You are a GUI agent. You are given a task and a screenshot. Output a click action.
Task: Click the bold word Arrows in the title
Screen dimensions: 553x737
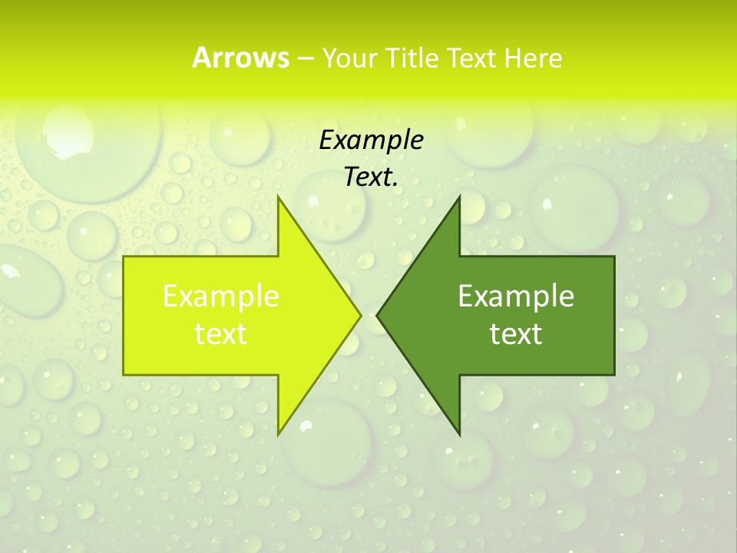[240, 58]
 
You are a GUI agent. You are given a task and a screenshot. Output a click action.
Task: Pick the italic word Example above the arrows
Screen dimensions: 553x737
[371, 140]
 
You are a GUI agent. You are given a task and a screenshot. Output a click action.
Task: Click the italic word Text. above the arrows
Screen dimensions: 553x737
[371, 177]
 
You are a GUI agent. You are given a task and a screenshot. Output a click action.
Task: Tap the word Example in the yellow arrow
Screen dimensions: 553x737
[221, 296]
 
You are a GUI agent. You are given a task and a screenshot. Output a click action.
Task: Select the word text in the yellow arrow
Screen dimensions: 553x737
[221, 333]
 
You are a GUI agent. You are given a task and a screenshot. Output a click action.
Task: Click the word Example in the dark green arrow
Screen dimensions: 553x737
[516, 296]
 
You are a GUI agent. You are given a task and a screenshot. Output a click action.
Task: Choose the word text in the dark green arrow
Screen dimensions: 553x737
[516, 333]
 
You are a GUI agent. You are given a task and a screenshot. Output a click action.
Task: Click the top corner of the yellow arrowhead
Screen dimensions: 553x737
[278, 197]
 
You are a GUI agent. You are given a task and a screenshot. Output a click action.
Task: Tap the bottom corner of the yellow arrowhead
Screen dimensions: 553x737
[278, 435]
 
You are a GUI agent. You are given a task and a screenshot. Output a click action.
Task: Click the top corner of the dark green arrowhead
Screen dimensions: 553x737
[459, 197]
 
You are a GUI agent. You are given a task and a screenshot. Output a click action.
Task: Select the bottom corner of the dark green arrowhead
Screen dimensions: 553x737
[459, 435]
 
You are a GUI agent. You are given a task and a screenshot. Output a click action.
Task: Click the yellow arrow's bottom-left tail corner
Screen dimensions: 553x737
[124, 375]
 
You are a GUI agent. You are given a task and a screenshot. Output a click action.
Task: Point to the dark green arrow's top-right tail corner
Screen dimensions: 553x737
[614, 257]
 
